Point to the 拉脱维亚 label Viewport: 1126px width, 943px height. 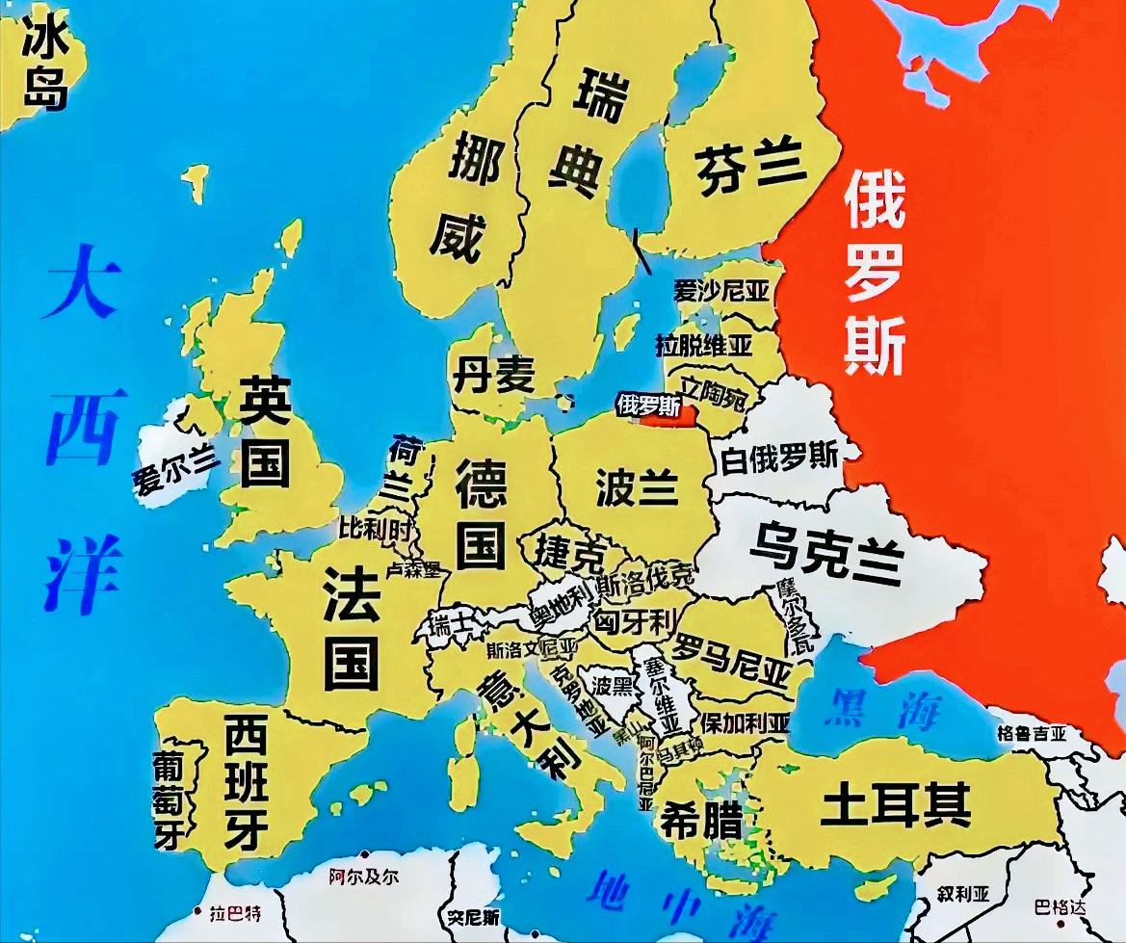click(704, 343)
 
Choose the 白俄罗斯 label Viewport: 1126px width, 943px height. click(779, 456)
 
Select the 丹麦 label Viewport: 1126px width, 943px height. click(493, 373)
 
